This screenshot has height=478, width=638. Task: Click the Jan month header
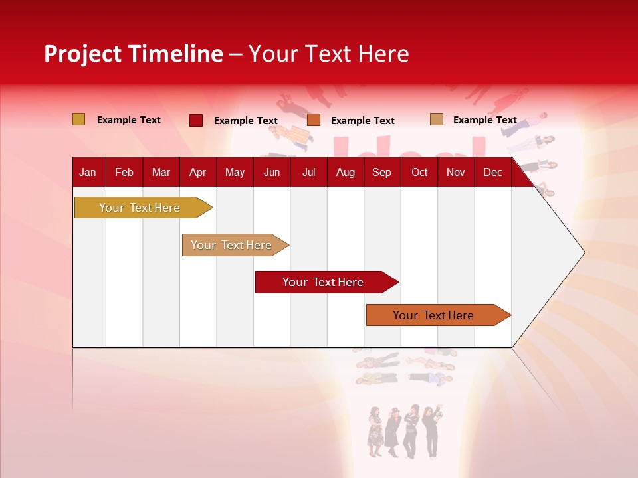[88, 172]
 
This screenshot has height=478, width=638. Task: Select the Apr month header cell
[197, 172]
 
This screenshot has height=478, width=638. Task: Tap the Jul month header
[308, 172]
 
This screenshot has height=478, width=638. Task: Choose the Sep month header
[381, 172]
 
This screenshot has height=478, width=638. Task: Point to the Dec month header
[492, 172]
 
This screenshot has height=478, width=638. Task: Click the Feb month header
[124, 172]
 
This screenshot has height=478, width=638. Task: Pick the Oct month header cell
[419, 172]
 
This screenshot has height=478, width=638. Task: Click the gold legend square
[79, 119]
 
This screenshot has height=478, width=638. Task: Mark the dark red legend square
[196, 120]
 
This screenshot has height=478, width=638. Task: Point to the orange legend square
[314, 120]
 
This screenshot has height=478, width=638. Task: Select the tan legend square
[437, 119]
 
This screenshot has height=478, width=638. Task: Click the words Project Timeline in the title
[133, 54]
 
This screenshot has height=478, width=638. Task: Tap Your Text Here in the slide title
[328, 54]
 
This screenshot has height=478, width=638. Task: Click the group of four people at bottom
[403, 432]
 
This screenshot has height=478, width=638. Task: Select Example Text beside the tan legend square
[484, 120]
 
